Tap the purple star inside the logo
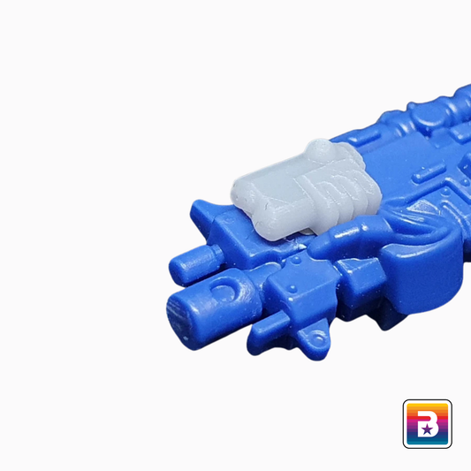(427, 429)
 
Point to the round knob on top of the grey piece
(319, 148)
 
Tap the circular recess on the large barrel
(223, 287)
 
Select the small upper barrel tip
(184, 266)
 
